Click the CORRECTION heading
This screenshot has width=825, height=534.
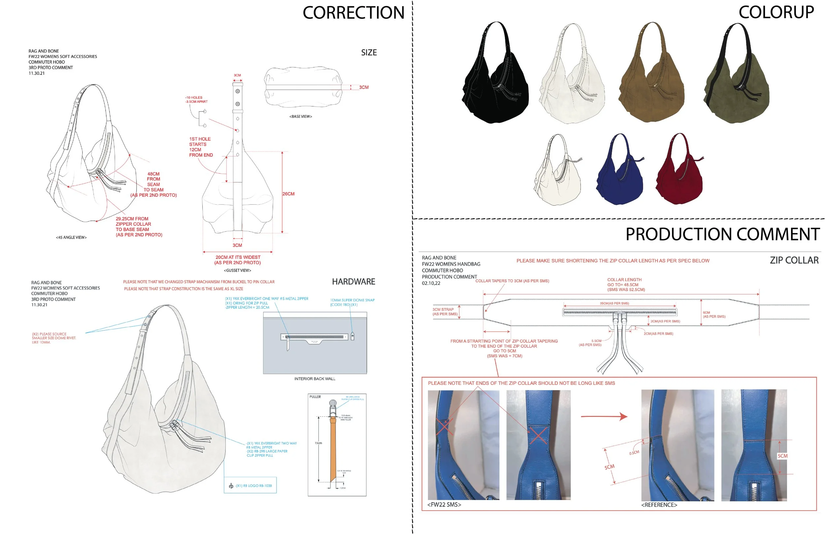(x=353, y=13)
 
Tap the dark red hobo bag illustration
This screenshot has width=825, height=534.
(x=679, y=177)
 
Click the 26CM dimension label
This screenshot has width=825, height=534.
(x=288, y=194)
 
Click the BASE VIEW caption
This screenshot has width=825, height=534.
(x=301, y=117)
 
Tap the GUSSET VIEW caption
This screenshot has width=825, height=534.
(x=238, y=271)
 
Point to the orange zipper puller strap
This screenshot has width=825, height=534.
(x=333, y=447)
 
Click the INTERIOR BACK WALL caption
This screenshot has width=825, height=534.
(x=315, y=379)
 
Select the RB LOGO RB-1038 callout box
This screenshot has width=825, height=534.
(x=250, y=485)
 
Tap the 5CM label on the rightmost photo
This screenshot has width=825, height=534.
(x=782, y=456)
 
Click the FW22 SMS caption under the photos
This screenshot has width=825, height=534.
(x=444, y=505)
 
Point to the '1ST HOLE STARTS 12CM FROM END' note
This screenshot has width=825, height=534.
(x=201, y=147)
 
